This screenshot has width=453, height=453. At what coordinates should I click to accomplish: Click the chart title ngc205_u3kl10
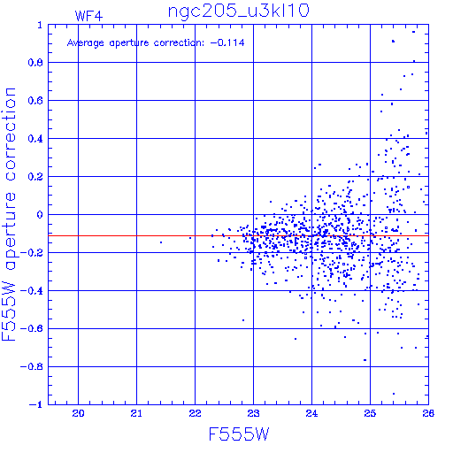coord(238,12)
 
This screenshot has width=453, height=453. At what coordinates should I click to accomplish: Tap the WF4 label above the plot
coord(88,16)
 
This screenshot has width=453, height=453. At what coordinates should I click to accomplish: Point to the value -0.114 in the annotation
coord(227,42)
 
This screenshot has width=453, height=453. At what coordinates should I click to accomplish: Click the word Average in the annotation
coord(86,43)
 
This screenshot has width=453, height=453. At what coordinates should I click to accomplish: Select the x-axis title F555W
coord(239,434)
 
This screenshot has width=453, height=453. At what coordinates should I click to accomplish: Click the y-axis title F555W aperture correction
coord(9,214)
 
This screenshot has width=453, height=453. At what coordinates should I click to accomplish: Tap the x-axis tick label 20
coord(78,413)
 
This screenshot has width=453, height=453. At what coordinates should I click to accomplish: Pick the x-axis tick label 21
coord(136,413)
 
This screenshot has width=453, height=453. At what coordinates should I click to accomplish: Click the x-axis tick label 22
coord(195,413)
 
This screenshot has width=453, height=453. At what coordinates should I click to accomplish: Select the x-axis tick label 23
coord(253,413)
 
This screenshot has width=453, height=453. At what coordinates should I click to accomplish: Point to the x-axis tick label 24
coord(311,413)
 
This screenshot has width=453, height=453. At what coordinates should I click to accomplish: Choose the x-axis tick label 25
coord(370,413)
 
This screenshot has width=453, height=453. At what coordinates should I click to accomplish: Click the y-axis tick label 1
coord(40,25)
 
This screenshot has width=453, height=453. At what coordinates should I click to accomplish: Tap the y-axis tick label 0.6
coord(35,101)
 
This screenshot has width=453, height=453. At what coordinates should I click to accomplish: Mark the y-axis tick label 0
coord(40,214)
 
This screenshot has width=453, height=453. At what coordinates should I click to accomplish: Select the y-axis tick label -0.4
coord(32,291)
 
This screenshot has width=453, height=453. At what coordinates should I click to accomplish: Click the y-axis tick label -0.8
coord(32,366)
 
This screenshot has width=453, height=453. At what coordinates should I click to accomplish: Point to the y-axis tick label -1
coord(36,404)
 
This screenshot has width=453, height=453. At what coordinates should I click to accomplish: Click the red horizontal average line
coord(238,235)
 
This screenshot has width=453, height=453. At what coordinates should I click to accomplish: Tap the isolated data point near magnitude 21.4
coord(161,242)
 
